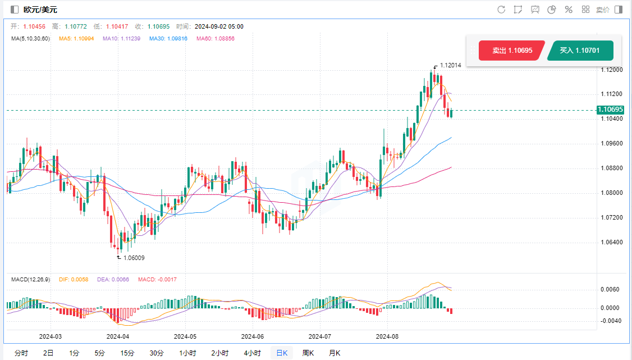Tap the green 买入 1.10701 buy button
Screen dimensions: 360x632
tap(580, 51)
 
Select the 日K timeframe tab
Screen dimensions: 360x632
tap(281, 353)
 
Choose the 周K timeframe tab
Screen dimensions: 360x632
tap(308, 353)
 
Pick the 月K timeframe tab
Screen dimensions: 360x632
tap(335, 353)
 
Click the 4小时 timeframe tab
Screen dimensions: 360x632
tap(252, 353)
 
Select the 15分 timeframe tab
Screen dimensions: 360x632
tap(127, 353)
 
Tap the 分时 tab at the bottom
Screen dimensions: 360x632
tap(21, 353)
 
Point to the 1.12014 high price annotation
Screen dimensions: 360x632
tap(450, 65)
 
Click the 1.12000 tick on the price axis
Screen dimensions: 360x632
tap(611, 70)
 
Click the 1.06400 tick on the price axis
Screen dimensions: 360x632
tap(611, 242)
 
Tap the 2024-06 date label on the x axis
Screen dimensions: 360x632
tap(252, 337)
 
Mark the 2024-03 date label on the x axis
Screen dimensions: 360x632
tap(50, 337)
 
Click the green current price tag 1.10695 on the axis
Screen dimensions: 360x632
tap(610, 110)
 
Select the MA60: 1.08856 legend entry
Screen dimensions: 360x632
tap(216, 39)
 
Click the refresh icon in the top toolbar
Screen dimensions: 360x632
tap(501, 10)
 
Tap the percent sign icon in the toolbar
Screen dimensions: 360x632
tap(568, 10)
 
